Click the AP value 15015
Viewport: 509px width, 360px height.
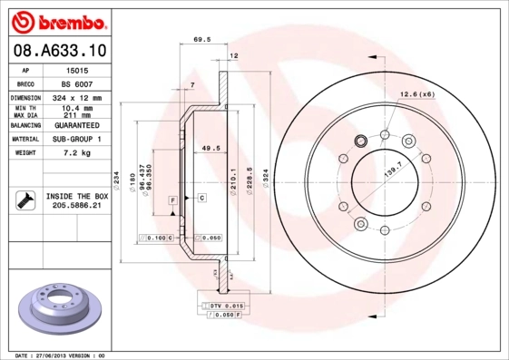click(77, 69)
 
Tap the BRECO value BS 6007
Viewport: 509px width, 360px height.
click(77, 82)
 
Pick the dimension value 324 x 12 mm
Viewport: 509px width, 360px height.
click(77, 96)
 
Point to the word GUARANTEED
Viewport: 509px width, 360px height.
click(77, 124)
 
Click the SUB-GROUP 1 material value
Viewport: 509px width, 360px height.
click(77, 139)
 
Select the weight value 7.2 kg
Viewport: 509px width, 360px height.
click(77, 153)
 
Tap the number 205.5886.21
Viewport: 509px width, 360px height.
click(77, 206)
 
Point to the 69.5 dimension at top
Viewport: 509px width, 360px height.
click(202, 39)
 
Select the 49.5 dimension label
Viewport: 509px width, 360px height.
click(210, 147)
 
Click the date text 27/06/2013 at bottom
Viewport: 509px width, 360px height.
click(63, 354)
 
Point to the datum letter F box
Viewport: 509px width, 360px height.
click(171, 199)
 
